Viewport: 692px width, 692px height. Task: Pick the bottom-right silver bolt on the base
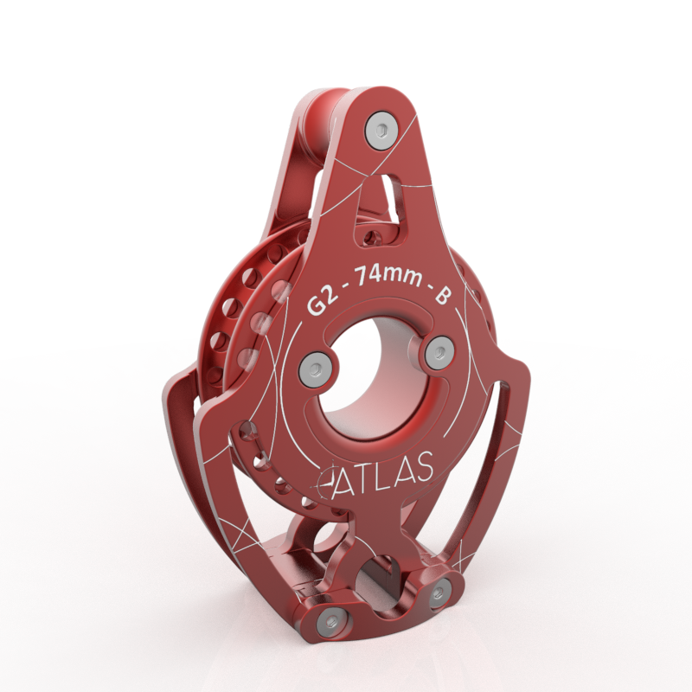tap(440, 593)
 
